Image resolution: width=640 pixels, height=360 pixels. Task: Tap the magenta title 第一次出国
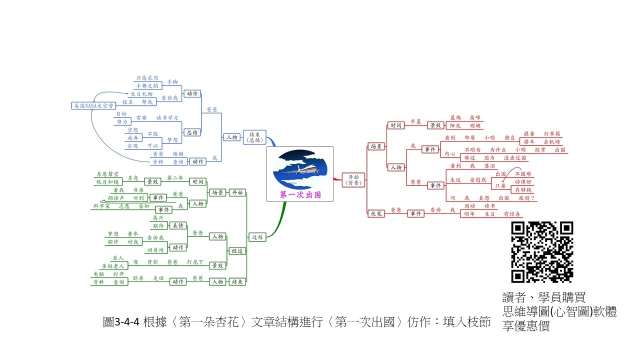[x=300, y=194]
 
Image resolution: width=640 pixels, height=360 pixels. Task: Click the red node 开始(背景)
[x=353, y=179]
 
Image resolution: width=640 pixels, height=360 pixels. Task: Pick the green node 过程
[x=256, y=237]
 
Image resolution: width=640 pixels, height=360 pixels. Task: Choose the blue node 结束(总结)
[x=254, y=137]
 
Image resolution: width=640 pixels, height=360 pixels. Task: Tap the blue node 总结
[x=192, y=132]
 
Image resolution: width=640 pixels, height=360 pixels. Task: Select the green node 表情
[x=178, y=225]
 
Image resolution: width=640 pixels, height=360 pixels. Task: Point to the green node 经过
[x=237, y=251]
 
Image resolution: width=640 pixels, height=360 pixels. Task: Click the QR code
[x=542, y=252]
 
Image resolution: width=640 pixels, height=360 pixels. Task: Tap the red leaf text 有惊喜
[x=512, y=213]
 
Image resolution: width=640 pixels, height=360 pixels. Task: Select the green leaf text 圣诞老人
[x=112, y=266]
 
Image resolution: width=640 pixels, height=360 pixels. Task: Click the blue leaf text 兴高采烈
[x=147, y=78]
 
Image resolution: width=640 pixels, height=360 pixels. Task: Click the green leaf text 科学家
[x=101, y=206]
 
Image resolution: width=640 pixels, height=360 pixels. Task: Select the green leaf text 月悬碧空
[x=107, y=174]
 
